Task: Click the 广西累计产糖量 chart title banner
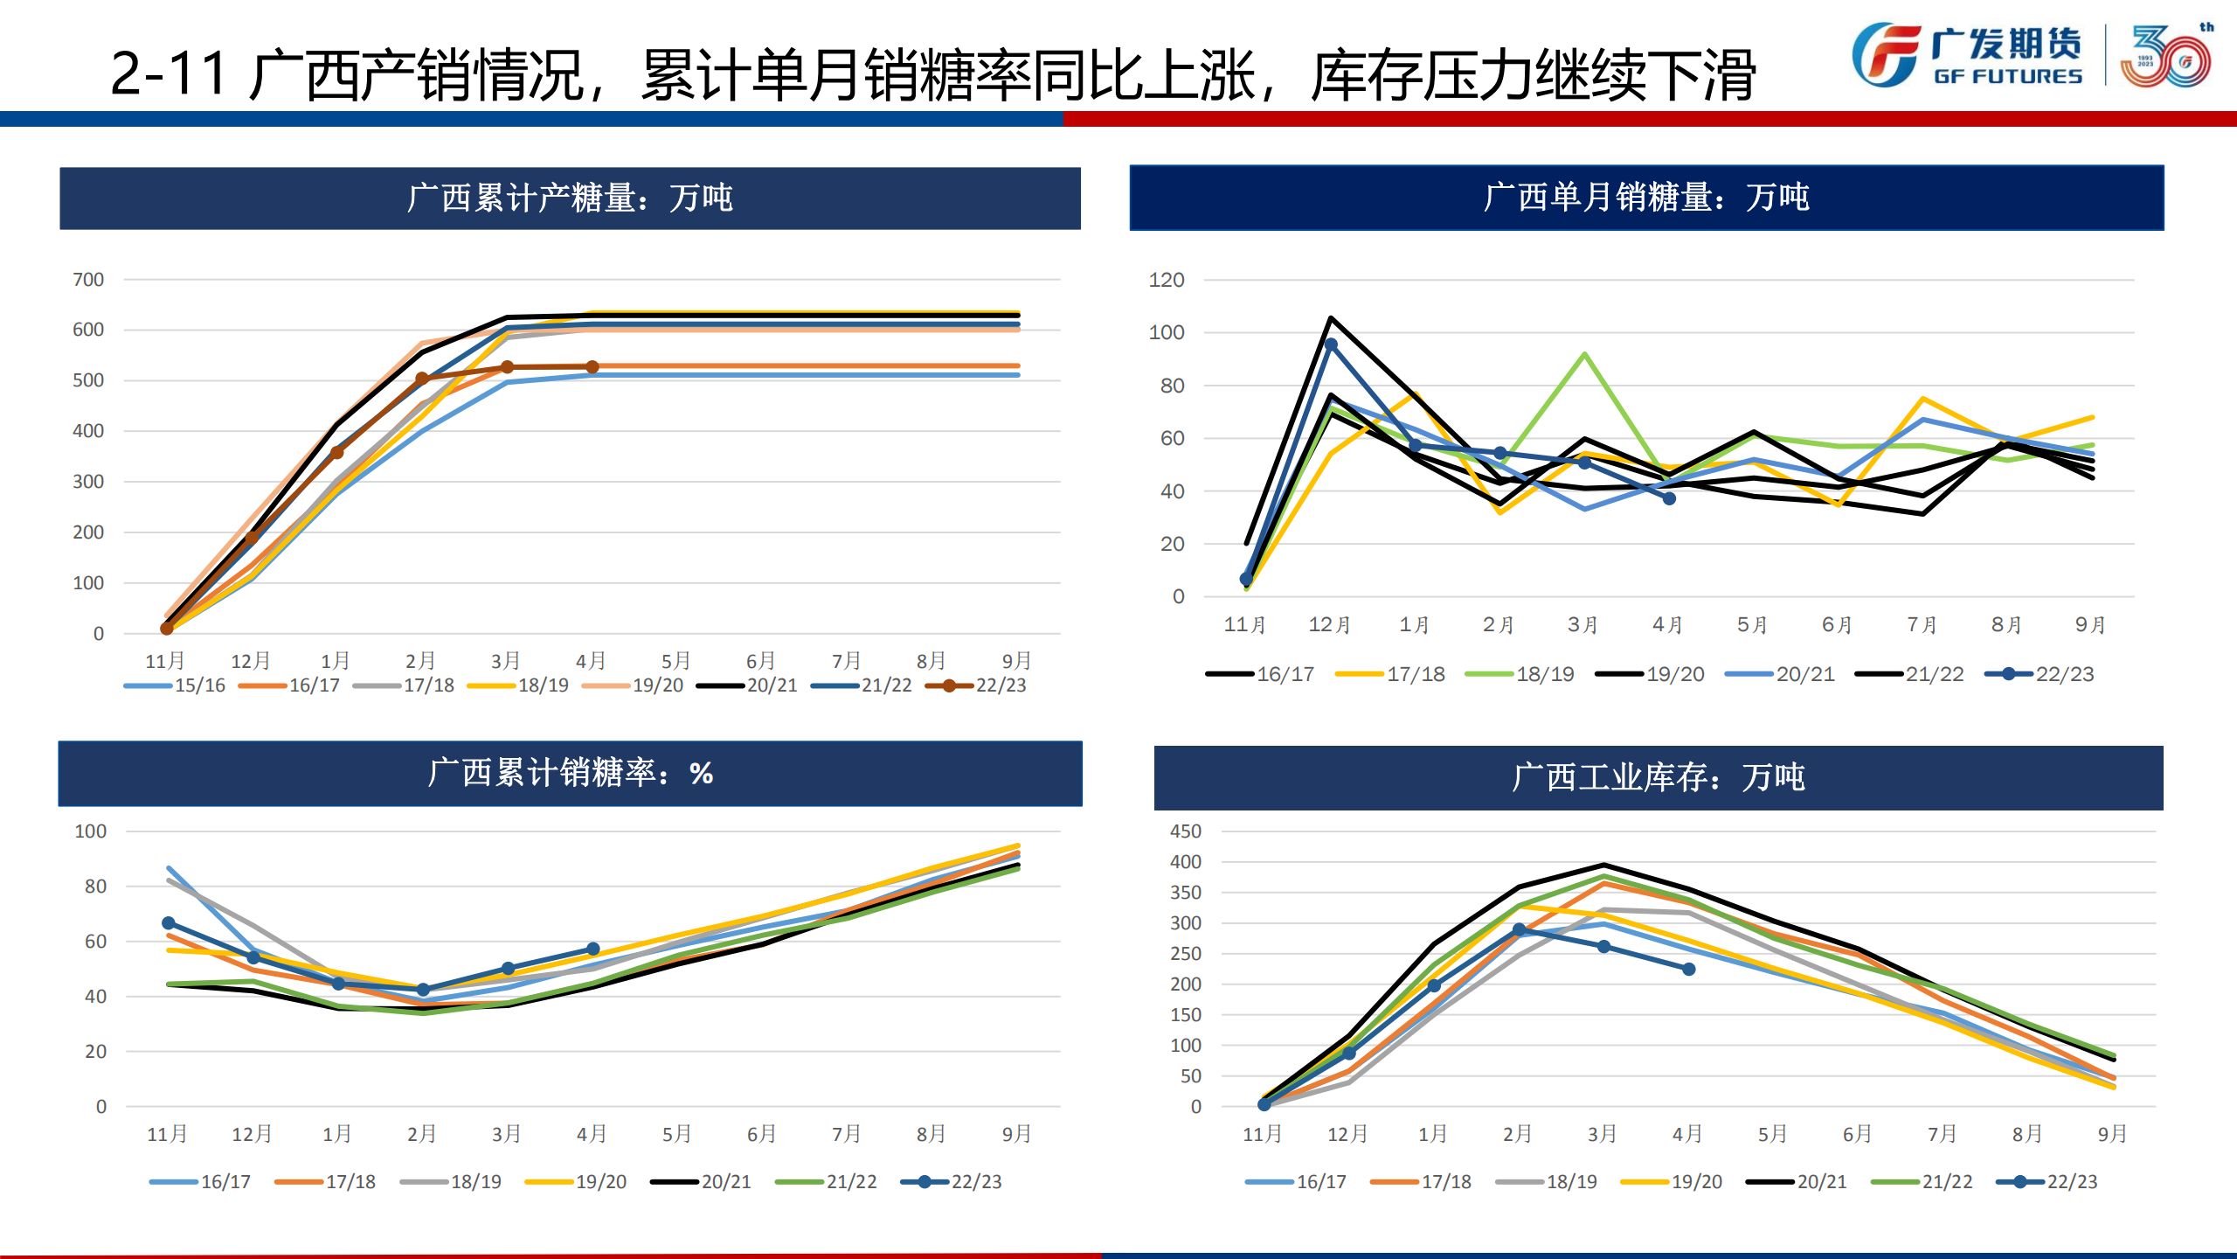click(570, 198)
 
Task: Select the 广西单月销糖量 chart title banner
click(1646, 198)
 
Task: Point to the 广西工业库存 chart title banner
click(1658, 777)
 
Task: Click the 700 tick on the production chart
click(88, 280)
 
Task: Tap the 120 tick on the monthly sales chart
click(1166, 281)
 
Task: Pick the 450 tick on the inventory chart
click(1185, 831)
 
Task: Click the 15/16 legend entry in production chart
click(176, 685)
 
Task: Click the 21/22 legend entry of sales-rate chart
click(827, 1182)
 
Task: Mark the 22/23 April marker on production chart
click(592, 367)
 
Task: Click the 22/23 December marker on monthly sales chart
click(1331, 345)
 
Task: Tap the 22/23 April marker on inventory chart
click(1688, 970)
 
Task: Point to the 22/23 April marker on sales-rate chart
click(592, 949)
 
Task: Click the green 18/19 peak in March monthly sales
click(1584, 354)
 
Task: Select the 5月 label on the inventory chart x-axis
click(1772, 1134)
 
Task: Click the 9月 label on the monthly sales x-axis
click(2090, 625)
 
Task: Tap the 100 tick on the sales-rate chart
click(91, 831)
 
